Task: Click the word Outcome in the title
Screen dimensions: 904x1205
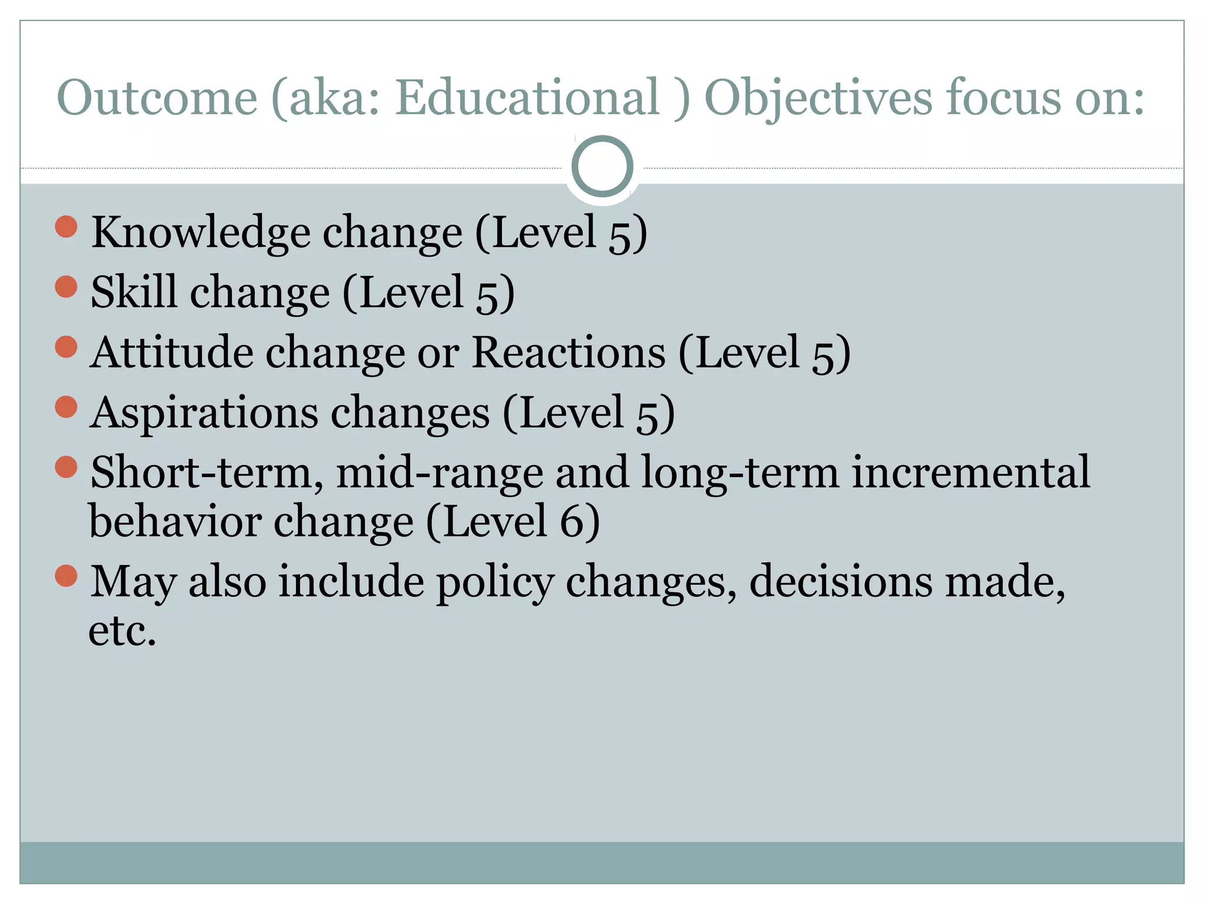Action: [x=157, y=97]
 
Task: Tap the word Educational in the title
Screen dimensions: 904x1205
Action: [x=527, y=97]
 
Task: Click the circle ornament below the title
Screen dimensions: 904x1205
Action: [x=602, y=167]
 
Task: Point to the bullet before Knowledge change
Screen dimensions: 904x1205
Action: [x=66, y=227]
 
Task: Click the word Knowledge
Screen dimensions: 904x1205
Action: [x=201, y=233]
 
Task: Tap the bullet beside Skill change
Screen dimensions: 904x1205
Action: [x=66, y=287]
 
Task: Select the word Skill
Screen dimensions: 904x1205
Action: [x=134, y=292]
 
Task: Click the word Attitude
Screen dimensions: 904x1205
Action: [x=172, y=353]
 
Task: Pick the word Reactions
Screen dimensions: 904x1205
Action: [x=568, y=353]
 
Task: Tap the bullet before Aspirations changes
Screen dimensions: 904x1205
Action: [x=66, y=407]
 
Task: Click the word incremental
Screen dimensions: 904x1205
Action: [x=970, y=473]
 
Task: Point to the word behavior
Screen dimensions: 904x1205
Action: [x=175, y=523]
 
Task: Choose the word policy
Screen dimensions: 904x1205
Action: [x=495, y=583]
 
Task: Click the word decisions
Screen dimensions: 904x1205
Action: [x=841, y=581]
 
